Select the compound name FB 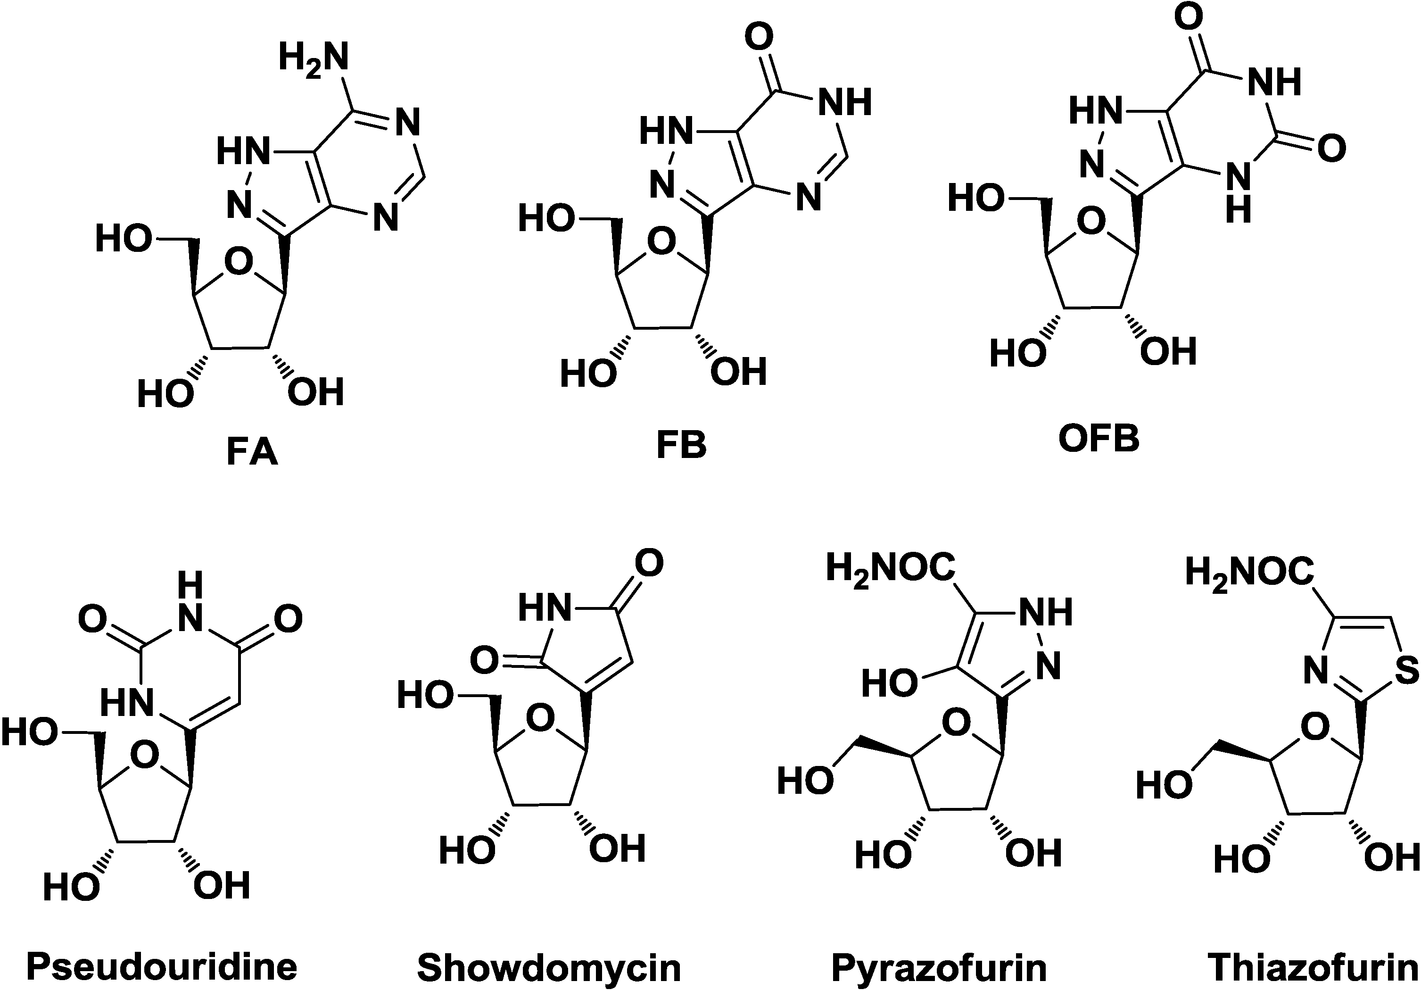(x=681, y=446)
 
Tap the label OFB (x=1099, y=439)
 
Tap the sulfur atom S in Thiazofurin (x=1406, y=672)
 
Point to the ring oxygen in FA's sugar (x=238, y=263)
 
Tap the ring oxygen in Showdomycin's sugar (x=540, y=718)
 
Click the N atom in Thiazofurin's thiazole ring (x=1317, y=672)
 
